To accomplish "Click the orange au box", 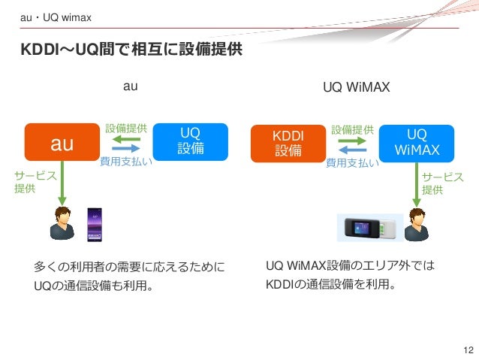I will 62,143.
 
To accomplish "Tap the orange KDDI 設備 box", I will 288,143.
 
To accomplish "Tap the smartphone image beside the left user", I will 95,224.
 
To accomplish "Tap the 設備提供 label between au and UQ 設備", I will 125,129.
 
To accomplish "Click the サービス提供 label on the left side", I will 25,182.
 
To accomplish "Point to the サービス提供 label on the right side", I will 442,183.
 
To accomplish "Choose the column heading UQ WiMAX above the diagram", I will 357,87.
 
